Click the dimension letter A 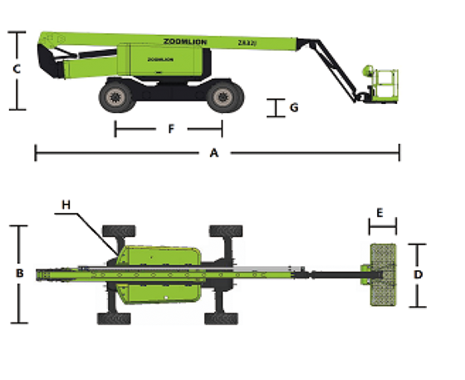coord(214,153)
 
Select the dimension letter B coord(18,273)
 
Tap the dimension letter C coord(16,70)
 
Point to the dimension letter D coord(418,274)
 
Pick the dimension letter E coord(380,213)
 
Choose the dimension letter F coord(171,129)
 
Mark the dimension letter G coord(293,108)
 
